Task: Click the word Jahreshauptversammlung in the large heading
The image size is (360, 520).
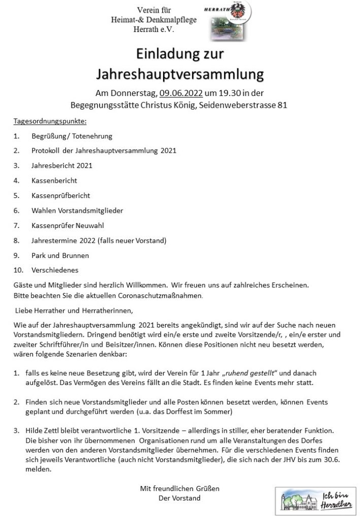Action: click(180, 75)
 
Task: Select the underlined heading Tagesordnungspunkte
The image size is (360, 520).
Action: click(50, 121)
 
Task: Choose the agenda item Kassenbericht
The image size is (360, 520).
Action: click(54, 180)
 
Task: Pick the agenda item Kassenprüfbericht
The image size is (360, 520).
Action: click(61, 195)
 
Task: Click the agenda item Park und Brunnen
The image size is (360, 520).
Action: click(60, 255)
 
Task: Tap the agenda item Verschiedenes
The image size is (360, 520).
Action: click(55, 270)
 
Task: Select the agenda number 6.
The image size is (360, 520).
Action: click(16, 210)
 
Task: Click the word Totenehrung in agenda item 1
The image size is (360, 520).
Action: click(93, 136)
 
